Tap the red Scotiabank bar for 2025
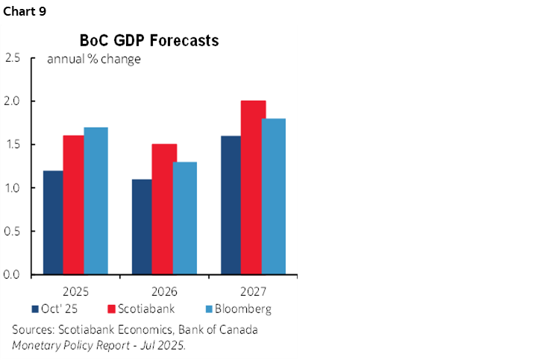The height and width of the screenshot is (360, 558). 73,205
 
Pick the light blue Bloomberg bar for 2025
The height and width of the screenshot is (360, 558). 95,200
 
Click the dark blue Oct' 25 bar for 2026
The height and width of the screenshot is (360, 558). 142,227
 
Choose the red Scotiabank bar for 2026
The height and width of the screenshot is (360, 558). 163,209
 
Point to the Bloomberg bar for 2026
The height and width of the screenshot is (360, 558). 185,218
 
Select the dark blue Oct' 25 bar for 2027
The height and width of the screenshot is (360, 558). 231,205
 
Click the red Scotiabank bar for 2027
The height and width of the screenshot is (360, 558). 253,187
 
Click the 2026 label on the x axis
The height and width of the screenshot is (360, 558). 164,291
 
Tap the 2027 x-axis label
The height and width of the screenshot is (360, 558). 253,291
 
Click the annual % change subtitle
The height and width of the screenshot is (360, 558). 94,59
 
